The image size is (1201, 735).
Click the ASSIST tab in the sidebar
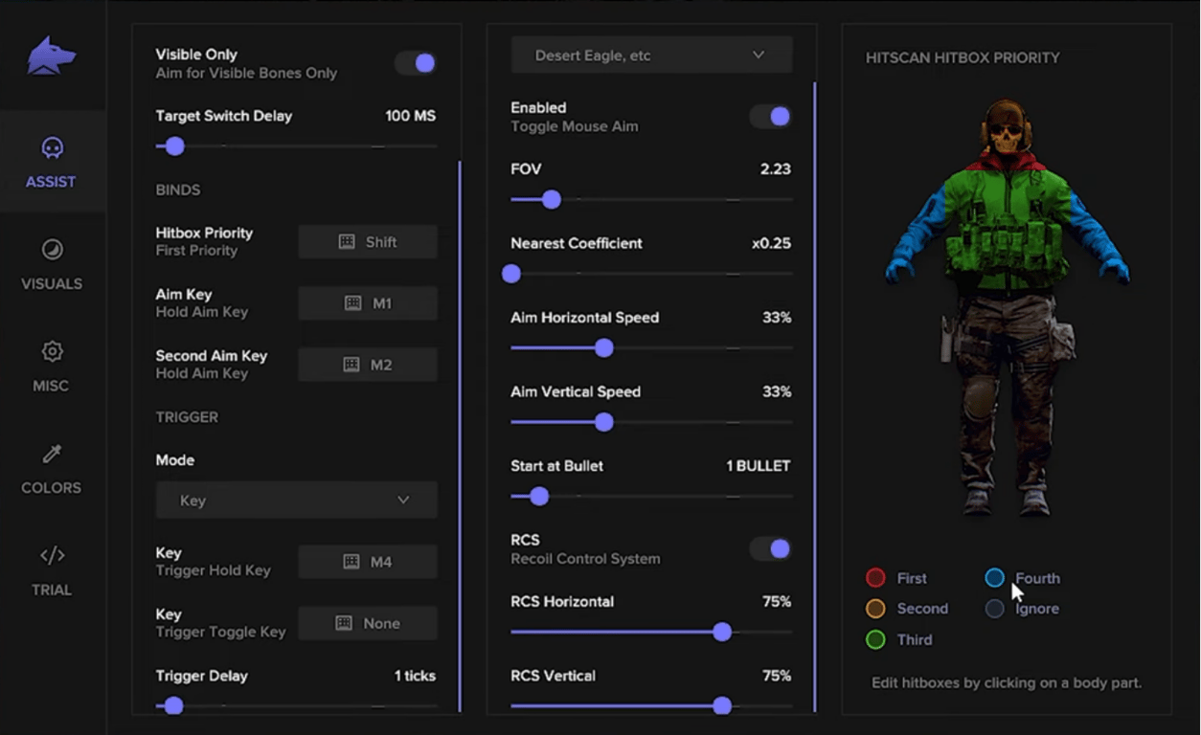click(52, 161)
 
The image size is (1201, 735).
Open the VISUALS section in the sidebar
click(52, 263)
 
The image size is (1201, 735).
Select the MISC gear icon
click(52, 351)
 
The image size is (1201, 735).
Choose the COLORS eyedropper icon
click(52, 454)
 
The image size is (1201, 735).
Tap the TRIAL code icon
click(52, 555)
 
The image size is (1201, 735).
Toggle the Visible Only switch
click(416, 63)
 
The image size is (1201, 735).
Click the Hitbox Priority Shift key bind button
click(368, 242)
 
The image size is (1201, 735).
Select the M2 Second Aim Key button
click(368, 365)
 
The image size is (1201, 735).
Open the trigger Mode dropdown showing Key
click(296, 501)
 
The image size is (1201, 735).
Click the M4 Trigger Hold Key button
click(368, 562)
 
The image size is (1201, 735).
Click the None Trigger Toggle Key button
click(368, 623)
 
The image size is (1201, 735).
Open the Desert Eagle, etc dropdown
click(651, 56)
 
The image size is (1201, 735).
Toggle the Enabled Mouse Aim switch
click(770, 117)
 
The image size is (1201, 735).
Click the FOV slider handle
click(551, 200)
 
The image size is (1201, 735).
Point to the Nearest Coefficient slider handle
click(511, 275)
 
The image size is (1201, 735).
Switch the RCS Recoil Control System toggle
click(770, 548)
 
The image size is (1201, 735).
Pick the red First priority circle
click(875, 578)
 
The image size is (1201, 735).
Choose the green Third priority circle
click(875, 639)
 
